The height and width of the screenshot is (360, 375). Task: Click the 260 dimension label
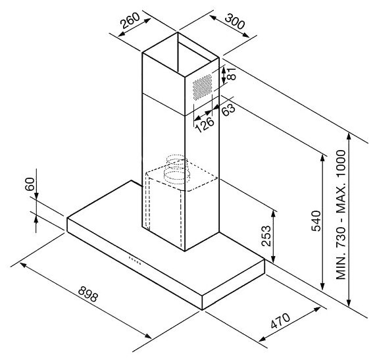(130, 20)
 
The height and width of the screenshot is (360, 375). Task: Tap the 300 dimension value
(235, 21)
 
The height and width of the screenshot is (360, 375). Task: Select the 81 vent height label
(232, 74)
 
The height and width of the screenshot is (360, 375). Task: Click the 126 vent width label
(205, 124)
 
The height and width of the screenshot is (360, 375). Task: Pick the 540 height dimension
(316, 220)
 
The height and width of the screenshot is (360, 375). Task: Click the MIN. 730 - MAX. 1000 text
(341, 215)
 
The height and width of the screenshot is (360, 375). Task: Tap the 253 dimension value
(266, 236)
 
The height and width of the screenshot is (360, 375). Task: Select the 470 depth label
(280, 321)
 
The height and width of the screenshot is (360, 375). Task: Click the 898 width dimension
(88, 294)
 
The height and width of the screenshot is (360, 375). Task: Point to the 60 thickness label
(30, 184)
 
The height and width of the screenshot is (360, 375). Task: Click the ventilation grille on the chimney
(203, 87)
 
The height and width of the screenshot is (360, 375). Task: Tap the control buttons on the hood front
(135, 261)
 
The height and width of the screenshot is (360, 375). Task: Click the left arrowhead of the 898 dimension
(23, 265)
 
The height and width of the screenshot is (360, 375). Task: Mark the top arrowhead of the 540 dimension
(323, 159)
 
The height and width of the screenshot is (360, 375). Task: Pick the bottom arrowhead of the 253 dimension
(274, 259)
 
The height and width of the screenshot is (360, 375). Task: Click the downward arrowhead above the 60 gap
(36, 195)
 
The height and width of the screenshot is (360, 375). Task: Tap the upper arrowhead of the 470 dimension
(317, 309)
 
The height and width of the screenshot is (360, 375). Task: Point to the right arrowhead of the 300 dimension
(245, 35)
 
